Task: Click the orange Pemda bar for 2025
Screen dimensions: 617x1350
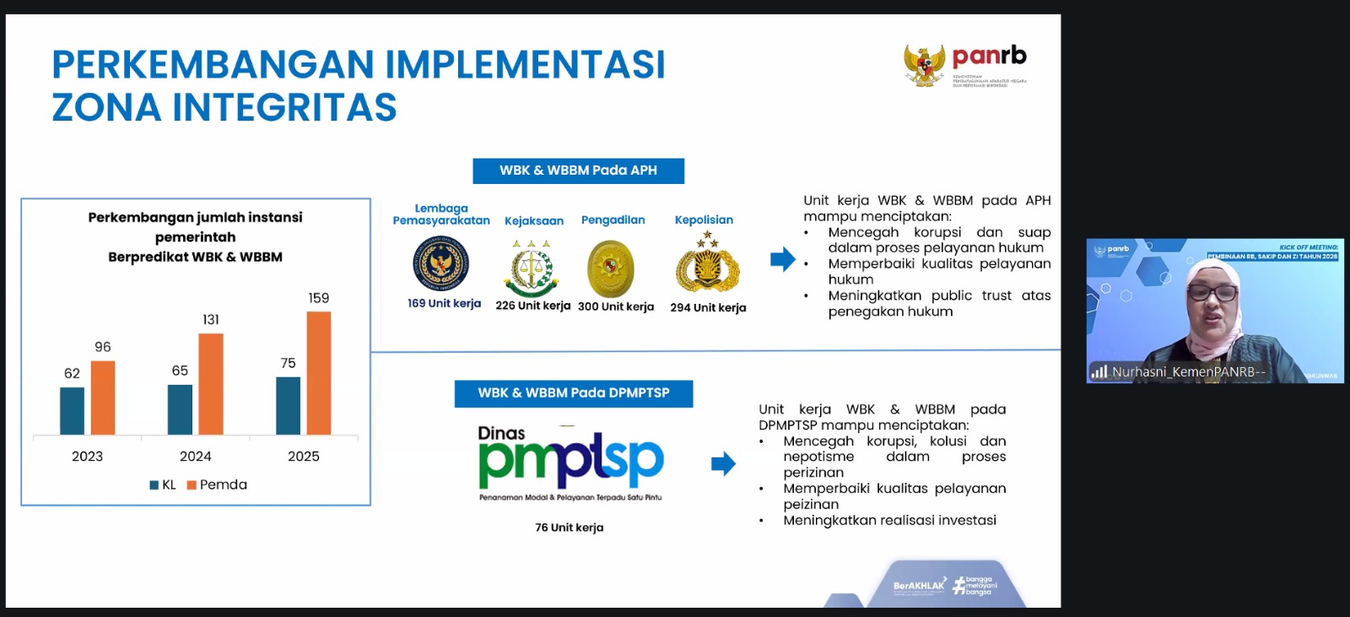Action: [x=318, y=373]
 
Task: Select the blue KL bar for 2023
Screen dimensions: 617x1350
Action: [x=72, y=411]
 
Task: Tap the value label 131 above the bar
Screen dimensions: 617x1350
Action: [x=211, y=320]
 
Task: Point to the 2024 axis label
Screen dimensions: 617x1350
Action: [x=196, y=457]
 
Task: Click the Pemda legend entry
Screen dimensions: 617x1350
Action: [x=217, y=484]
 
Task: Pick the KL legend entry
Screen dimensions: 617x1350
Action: [x=163, y=484]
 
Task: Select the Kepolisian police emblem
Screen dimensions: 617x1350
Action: [x=707, y=264]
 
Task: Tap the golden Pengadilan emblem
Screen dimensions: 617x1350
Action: [x=610, y=268]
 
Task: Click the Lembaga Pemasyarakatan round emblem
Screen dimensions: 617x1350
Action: [x=440, y=263]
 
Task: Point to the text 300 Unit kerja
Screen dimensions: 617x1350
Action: [x=616, y=306]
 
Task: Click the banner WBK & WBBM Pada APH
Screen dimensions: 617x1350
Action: [x=578, y=170]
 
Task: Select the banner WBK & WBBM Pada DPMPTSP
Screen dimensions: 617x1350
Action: [x=573, y=393]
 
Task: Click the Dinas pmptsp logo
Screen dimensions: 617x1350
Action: [x=570, y=460]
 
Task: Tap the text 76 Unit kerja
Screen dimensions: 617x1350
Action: [x=569, y=528]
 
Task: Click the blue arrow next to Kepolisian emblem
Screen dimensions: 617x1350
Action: [x=782, y=259]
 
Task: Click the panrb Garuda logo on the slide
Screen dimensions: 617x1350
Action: [x=925, y=65]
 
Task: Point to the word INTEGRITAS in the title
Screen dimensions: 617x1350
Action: [x=284, y=108]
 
